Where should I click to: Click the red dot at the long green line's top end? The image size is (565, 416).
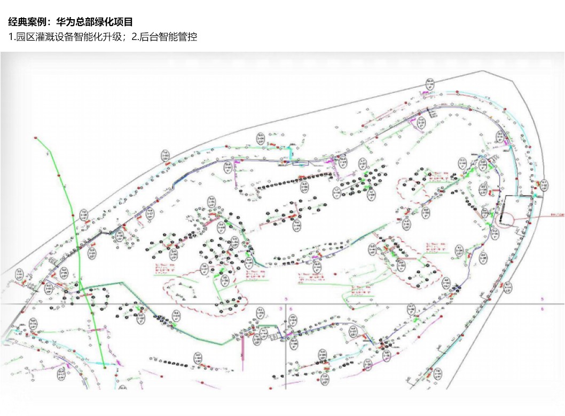(x=36, y=138)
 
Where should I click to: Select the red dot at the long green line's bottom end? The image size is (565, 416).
(x=106, y=367)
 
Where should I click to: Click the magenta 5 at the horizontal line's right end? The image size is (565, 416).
(x=543, y=299)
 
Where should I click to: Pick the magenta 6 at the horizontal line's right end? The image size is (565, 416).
(x=543, y=309)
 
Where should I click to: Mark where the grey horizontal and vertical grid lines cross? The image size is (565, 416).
(x=287, y=304)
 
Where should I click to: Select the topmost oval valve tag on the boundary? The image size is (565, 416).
(x=430, y=84)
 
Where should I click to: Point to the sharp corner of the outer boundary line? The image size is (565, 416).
(x=484, y=71)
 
